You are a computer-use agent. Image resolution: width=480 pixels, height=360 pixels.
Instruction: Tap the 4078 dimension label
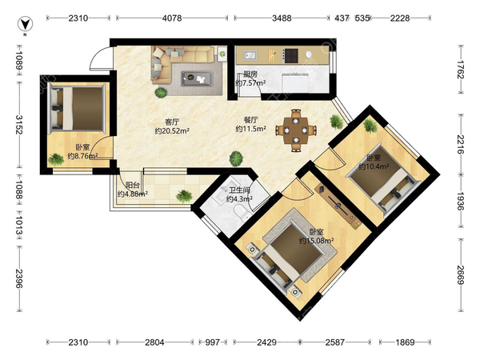coord(172,18)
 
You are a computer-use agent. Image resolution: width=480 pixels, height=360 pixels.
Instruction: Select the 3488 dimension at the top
coord(282,18)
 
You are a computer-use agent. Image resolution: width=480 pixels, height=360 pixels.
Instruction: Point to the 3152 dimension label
coord(19,125)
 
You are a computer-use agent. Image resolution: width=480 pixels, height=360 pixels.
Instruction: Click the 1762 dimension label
coord(461,70)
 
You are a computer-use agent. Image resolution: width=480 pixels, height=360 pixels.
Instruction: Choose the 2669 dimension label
coord(461,274)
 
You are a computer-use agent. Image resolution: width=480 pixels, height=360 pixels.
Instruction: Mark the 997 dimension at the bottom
coord(212,342)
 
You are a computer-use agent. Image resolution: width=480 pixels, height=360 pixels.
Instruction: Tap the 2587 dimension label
coord(335,342)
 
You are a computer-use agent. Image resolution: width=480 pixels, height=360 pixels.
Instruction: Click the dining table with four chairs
coord(296,130)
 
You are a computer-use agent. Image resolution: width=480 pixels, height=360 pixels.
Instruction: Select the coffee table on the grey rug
coord(197,78)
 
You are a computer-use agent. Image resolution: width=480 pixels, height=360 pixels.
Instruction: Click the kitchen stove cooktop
coord(290,55)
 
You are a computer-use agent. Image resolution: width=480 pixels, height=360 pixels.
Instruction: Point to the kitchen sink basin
coord(250,56)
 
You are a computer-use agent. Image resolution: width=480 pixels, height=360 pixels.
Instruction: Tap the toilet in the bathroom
coord(242,212)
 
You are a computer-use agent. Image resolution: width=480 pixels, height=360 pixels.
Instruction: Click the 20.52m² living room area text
coord(172,131)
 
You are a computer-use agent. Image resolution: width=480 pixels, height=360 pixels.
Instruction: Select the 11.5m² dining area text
coord(250,129)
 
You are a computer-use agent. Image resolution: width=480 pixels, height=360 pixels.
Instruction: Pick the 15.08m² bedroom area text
coord(316,241)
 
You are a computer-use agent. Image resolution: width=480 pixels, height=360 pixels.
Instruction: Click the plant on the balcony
coord(184,196)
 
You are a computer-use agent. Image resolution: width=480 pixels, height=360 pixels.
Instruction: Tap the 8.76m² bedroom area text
coord(82,156)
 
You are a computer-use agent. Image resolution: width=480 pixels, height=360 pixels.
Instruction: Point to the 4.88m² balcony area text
coord(133,194)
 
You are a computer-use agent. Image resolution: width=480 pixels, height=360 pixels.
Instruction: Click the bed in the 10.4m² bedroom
coord(383,181)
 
